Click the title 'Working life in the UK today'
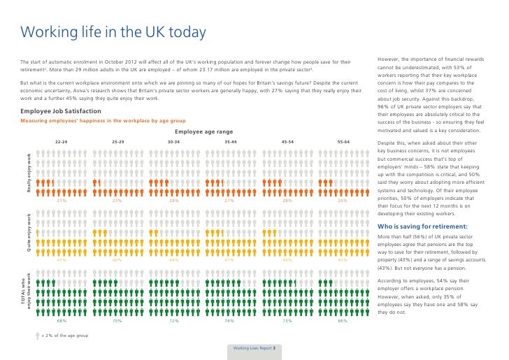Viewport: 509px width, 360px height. click(x=113, y=32)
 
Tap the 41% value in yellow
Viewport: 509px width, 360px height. click(x=62, y=260)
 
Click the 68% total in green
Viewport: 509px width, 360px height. click(x=62, y=321)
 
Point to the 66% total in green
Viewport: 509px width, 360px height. click(x=343, y=321)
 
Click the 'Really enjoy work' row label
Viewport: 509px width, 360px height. click(x=30, y=172)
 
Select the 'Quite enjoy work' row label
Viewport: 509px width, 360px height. click(x=30, y=232)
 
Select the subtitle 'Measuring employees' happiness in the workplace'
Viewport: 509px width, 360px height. click(x=102, y=120)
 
